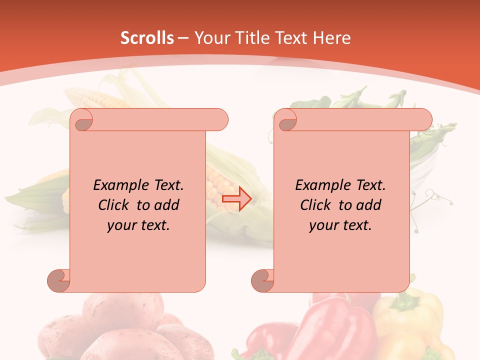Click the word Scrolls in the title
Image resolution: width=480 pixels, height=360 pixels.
(147, 38)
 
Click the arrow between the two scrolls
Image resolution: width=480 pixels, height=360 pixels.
(237, 199)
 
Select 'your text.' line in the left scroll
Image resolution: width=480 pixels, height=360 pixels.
(138, 225)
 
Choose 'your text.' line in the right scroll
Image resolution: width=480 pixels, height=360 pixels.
(340, 225)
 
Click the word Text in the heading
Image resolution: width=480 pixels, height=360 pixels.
(290, 38)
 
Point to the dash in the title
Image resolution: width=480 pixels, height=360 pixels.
(183, 38)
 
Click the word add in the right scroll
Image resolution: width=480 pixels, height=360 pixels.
(369, 205)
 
